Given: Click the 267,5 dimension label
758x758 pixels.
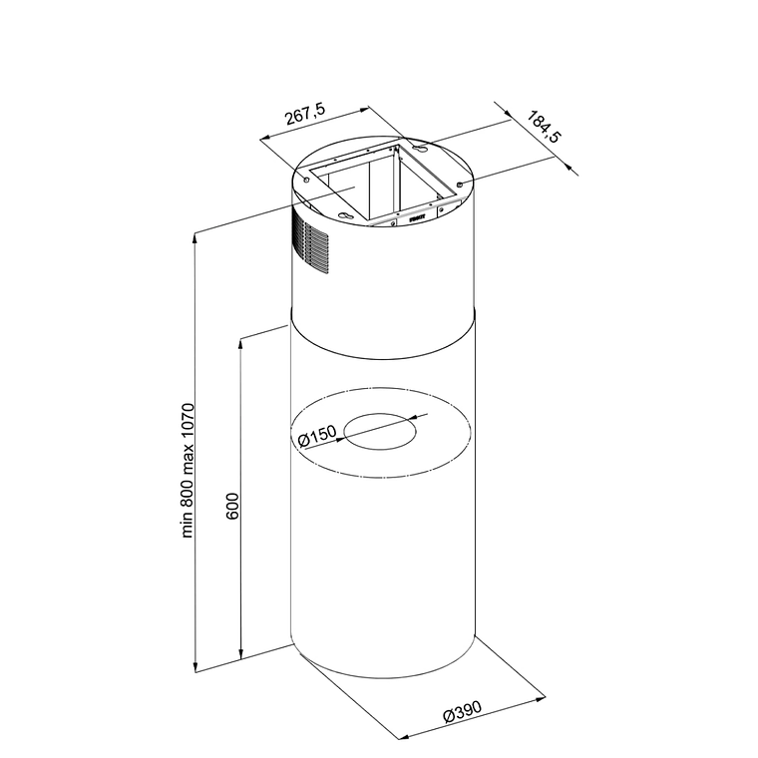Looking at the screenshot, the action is point(305,115).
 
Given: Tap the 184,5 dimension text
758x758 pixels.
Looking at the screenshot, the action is point(543,127).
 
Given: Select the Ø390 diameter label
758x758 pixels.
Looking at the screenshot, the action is point(463,711).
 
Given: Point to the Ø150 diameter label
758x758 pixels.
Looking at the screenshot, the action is point(317,436).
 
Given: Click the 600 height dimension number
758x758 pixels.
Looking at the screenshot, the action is point(232,506).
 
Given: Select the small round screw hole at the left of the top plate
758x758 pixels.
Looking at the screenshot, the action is point(306,180).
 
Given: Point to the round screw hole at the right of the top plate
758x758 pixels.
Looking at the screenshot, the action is point(460,184).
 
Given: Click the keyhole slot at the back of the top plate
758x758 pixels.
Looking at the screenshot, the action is point(420,149).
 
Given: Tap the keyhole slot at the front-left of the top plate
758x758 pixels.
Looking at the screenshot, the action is point(346,216).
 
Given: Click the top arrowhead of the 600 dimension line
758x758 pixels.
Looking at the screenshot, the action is point(240,344).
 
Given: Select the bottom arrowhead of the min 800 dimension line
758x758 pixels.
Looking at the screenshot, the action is point(195,666).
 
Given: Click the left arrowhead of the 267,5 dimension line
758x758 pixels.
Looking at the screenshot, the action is point(266,139).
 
